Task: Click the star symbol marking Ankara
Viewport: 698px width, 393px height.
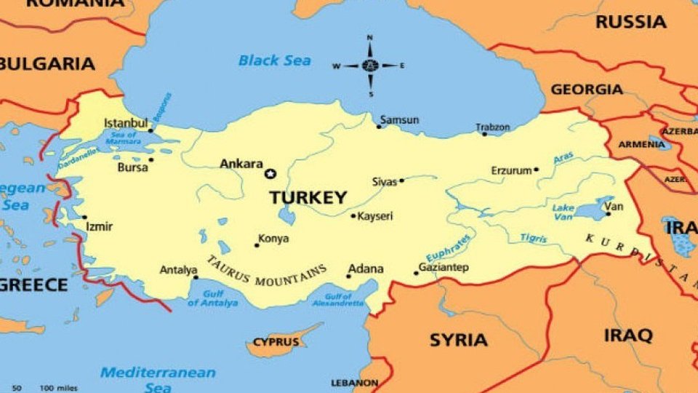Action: tap(271, 173)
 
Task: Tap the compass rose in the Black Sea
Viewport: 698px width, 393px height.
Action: tap(369, 65)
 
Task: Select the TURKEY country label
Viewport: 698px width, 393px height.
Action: tap(308, 197)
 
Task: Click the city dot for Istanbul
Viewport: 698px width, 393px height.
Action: tap(151, 131)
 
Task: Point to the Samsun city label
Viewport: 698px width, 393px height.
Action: tap(400, 119)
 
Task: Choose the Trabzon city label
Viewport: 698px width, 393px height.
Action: tap(493, 127)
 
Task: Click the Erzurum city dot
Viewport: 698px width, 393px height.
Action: tap(537, 170)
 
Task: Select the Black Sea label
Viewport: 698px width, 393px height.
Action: tap(274, 60)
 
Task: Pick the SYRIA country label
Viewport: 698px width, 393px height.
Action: tap(458, 340)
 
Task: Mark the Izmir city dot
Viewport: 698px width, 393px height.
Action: tap(84, 217)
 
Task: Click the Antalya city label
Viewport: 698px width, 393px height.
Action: tap(178, 270)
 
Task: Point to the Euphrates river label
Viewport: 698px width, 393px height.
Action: tap(448, 249)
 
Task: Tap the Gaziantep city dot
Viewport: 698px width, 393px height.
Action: tap(417, 273)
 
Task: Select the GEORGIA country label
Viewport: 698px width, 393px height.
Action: tap(586, 90)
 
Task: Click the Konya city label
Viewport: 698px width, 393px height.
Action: tap(274, 239)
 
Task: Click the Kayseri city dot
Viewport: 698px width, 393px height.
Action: tap(353, 215)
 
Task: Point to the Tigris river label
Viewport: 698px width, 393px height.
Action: tap(534, 238)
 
